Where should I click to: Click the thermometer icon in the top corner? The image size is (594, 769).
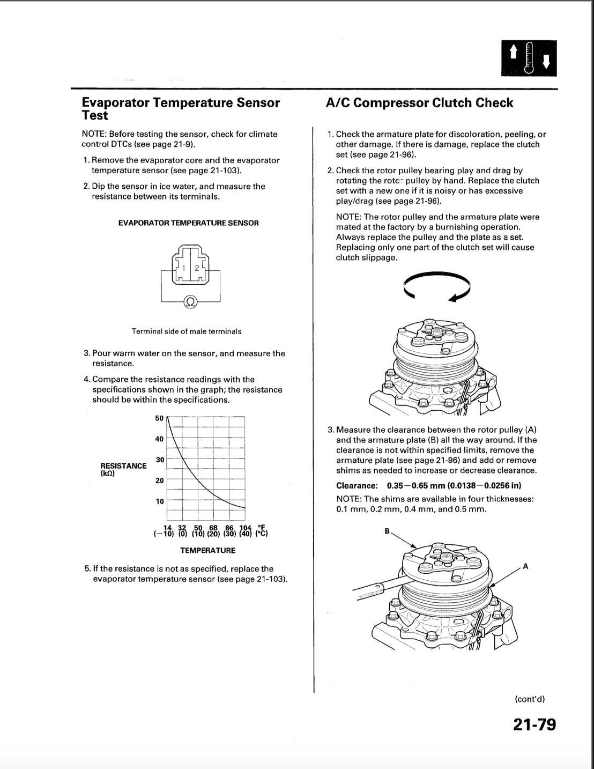pyautogui.click(x=529, y=58)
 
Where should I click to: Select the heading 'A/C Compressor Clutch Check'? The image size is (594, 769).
pyautogui.click(x=419, y=103)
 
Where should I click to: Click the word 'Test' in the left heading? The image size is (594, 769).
pyautogui.click(x=95, y=116)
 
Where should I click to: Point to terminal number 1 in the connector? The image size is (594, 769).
pyautogui.click(x=183, y=268)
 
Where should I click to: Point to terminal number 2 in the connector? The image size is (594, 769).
pyautogui.click(x=197, y=268)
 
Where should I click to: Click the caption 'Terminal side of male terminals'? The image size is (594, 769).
pyautogui.click(x=187, y=331)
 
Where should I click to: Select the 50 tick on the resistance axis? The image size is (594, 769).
pyautogui.click(x=159, y=418)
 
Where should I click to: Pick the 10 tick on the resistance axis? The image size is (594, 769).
pyautogui.click(x=159, y=502)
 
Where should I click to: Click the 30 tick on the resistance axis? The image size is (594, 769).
pyautogui.click(x=159, y=460)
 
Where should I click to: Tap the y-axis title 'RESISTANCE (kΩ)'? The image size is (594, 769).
pyautogui.click(x=123, y=469)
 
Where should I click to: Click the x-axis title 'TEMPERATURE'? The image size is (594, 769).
pyautogui.click(x=207, y=550)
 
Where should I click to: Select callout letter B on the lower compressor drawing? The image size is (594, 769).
pyautogui.click(x=387, y=531)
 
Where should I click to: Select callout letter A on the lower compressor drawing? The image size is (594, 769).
pyautogui.click(x=525, y=566)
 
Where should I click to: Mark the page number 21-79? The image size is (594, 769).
pyautogui.click(x=534, y=725)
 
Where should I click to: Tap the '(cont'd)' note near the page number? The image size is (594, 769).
pyautogui.click(x=529, y=699)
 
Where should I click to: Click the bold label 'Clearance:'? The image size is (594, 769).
pyautogui.click(x=357, y=486)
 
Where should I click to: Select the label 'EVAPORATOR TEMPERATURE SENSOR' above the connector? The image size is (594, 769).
pyautogui.click(x=188, y=223)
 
